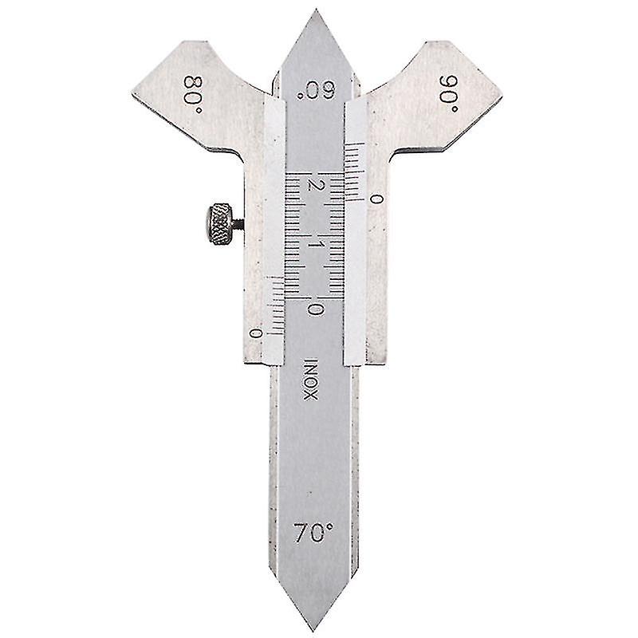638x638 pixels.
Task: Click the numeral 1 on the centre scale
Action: (x=318, y=245)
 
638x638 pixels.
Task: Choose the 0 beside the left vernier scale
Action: (x=255, y=333)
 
